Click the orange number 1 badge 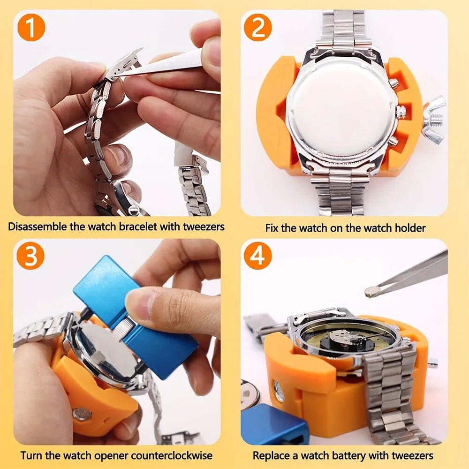click(31, 28)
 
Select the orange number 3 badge click(31, 256)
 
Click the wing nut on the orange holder click(434, 120)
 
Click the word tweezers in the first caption click(203, 227)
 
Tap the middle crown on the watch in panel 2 click(401, 112)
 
